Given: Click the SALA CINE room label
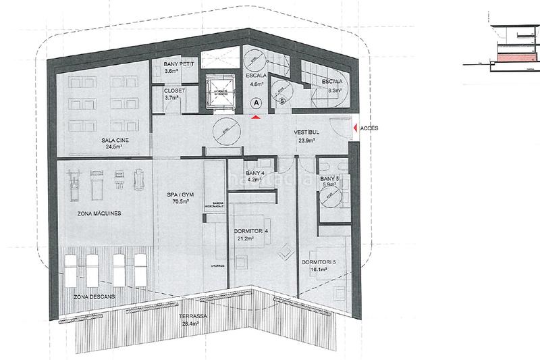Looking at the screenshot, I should [x=115, y=140].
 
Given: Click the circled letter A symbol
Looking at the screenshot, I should [x=255, y=103].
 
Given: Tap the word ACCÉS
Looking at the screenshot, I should [x=370, y=127].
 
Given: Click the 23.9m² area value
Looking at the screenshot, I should [x=306, y=141].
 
